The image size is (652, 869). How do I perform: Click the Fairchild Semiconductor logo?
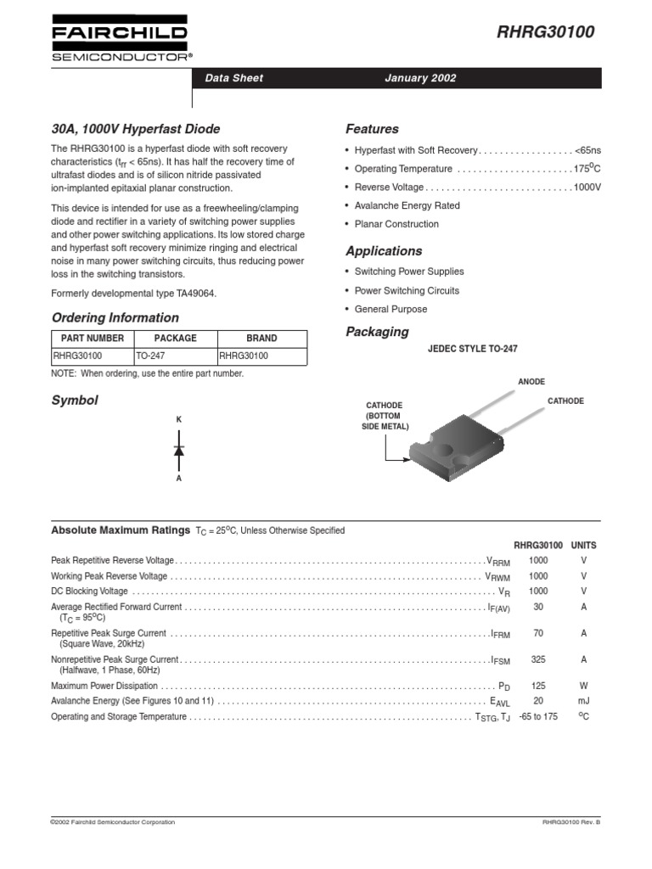point(122,39)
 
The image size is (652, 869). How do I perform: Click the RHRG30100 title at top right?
point(545,33)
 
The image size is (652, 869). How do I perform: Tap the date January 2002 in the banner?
point(420,78)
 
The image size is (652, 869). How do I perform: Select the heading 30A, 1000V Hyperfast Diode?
point(136,129)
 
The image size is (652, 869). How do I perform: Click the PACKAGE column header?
point(175,338)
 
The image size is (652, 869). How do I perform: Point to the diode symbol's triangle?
point(179,450)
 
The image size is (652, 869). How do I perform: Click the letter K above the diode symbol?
point(179,420)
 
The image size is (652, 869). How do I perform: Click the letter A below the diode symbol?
point(179,479)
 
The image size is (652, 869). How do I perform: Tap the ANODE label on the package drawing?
point(531,382)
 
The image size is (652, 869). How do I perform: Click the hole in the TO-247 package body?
point(445,447)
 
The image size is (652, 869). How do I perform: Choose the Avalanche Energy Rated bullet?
point(407,205)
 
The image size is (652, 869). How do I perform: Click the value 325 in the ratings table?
point(538,659)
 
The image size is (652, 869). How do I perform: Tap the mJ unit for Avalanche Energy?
point(583,701)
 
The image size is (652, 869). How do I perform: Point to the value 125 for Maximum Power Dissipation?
point(538,685)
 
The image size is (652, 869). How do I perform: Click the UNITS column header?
point(583,545)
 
